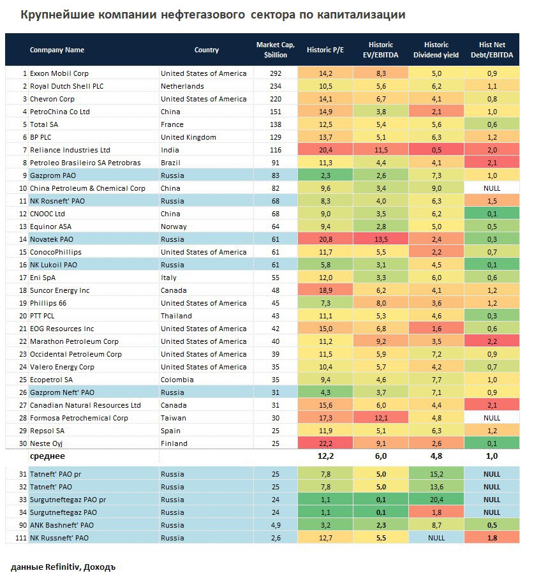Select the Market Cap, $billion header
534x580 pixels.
(x=272, y=50)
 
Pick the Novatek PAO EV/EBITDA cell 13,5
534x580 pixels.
(x=380, y=239)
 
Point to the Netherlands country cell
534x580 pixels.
(x=182, y=86)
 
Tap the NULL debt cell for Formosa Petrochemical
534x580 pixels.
(x=492, y=418)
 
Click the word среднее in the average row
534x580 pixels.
(x=47, y=457)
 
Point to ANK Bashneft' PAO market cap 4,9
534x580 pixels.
(x=271, y=525)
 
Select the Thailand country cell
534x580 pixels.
(x=176, y=316)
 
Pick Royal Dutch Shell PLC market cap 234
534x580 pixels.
(x=271, y=86)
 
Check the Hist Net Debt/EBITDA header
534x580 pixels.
(x=492, y=50)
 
